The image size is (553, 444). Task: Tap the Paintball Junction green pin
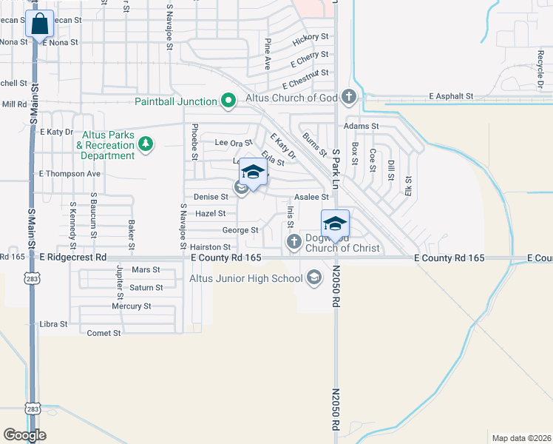point(228,101)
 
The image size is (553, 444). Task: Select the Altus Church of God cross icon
point(349,96)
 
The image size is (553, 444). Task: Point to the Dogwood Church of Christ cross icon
point(294,241)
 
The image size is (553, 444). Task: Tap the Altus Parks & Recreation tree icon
point(146,143)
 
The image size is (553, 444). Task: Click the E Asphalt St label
point(451,96)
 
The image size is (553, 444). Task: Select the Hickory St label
point(310,36)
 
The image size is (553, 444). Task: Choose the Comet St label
point(104,333)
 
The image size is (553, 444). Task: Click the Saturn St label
point(146,287)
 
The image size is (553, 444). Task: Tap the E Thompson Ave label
point(69,174)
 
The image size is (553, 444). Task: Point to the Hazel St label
point(210,213)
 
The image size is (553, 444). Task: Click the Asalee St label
point(311,197)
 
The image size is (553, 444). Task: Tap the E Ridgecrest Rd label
point(72,257)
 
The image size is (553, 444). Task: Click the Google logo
point(24,434)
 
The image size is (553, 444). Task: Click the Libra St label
point(53,324)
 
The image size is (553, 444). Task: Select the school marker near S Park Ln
point(335,224)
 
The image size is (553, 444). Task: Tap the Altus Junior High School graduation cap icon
point(314,278)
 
